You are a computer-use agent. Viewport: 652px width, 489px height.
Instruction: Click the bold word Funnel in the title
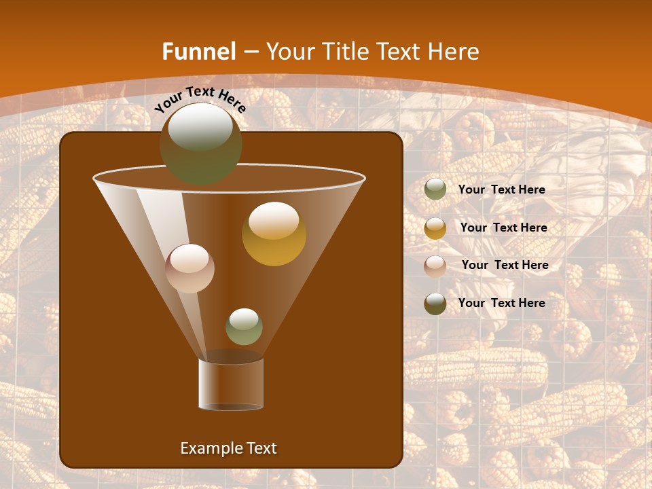click(x=198, y=52)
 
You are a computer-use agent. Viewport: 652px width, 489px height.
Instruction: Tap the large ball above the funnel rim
click(x=200, y=145)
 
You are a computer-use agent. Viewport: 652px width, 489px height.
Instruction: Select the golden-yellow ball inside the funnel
click(x=274, y=234)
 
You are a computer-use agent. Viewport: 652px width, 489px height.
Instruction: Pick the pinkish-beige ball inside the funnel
click(x=189, y=268)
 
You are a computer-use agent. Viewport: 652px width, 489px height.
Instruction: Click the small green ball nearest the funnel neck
click(x=244, y=327)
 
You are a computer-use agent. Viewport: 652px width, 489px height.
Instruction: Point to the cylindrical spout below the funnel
click(x=231, y=384)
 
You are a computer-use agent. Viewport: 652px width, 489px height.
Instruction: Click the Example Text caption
click(x=229, y=448)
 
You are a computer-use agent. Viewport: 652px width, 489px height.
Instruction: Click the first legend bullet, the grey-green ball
click(x=435, y=189)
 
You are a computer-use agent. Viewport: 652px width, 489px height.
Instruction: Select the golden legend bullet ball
click(x=435, y=228)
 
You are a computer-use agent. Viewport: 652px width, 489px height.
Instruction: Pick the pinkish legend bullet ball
click(x=435, y=266)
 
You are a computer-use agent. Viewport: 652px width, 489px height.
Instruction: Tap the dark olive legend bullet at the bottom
click(x=435, y=304)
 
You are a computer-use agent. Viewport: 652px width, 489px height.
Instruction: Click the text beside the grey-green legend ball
click(x=501, y=189)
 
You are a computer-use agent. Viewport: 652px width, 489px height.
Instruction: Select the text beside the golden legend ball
click(x=503, y=228)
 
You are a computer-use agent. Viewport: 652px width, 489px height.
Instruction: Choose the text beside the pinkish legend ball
click(x=505, y=265)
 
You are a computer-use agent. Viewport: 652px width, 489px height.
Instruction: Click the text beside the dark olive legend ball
click(x=501, y=303)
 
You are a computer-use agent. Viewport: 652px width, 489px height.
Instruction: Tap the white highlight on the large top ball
click(x=200, y=126)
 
